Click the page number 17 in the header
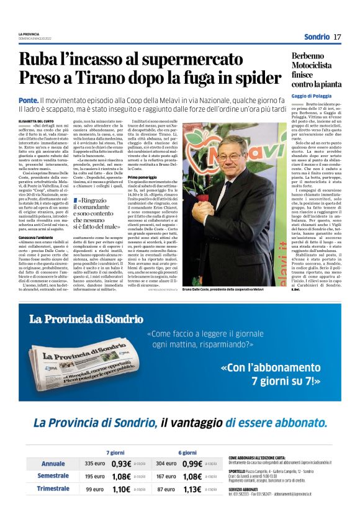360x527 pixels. coord(337,37)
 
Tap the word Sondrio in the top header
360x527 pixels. coord(317,37)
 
